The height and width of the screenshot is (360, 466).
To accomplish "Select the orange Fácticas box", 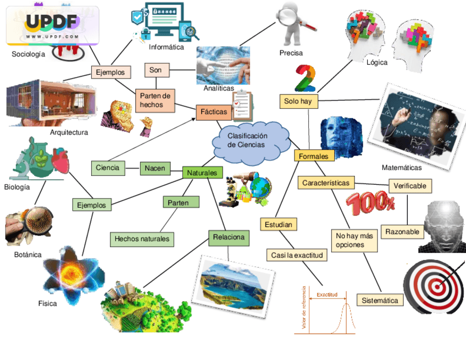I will coord(214,112).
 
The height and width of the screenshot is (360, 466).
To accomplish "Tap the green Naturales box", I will coord(202,173).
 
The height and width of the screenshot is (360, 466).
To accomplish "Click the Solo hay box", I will coord(298,101).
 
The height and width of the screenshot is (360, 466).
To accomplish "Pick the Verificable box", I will coord(410,186).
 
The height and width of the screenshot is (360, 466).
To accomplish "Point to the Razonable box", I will coord(402,232).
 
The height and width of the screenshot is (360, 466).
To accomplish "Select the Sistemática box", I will coord(380,300).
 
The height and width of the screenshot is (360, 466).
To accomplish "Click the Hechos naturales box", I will coord(142,239).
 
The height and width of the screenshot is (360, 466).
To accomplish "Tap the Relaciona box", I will coord(229,238).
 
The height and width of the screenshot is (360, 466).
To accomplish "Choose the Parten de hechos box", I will coord(155,100).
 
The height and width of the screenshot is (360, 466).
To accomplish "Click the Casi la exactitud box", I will coord(297,255).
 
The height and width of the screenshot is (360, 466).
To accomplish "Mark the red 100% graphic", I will coord(370,204).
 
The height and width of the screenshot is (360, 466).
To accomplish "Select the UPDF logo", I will coord(52,25).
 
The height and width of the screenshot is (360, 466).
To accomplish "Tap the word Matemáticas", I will coord(402,168).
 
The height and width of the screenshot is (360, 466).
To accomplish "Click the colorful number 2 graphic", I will coord(305,78).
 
